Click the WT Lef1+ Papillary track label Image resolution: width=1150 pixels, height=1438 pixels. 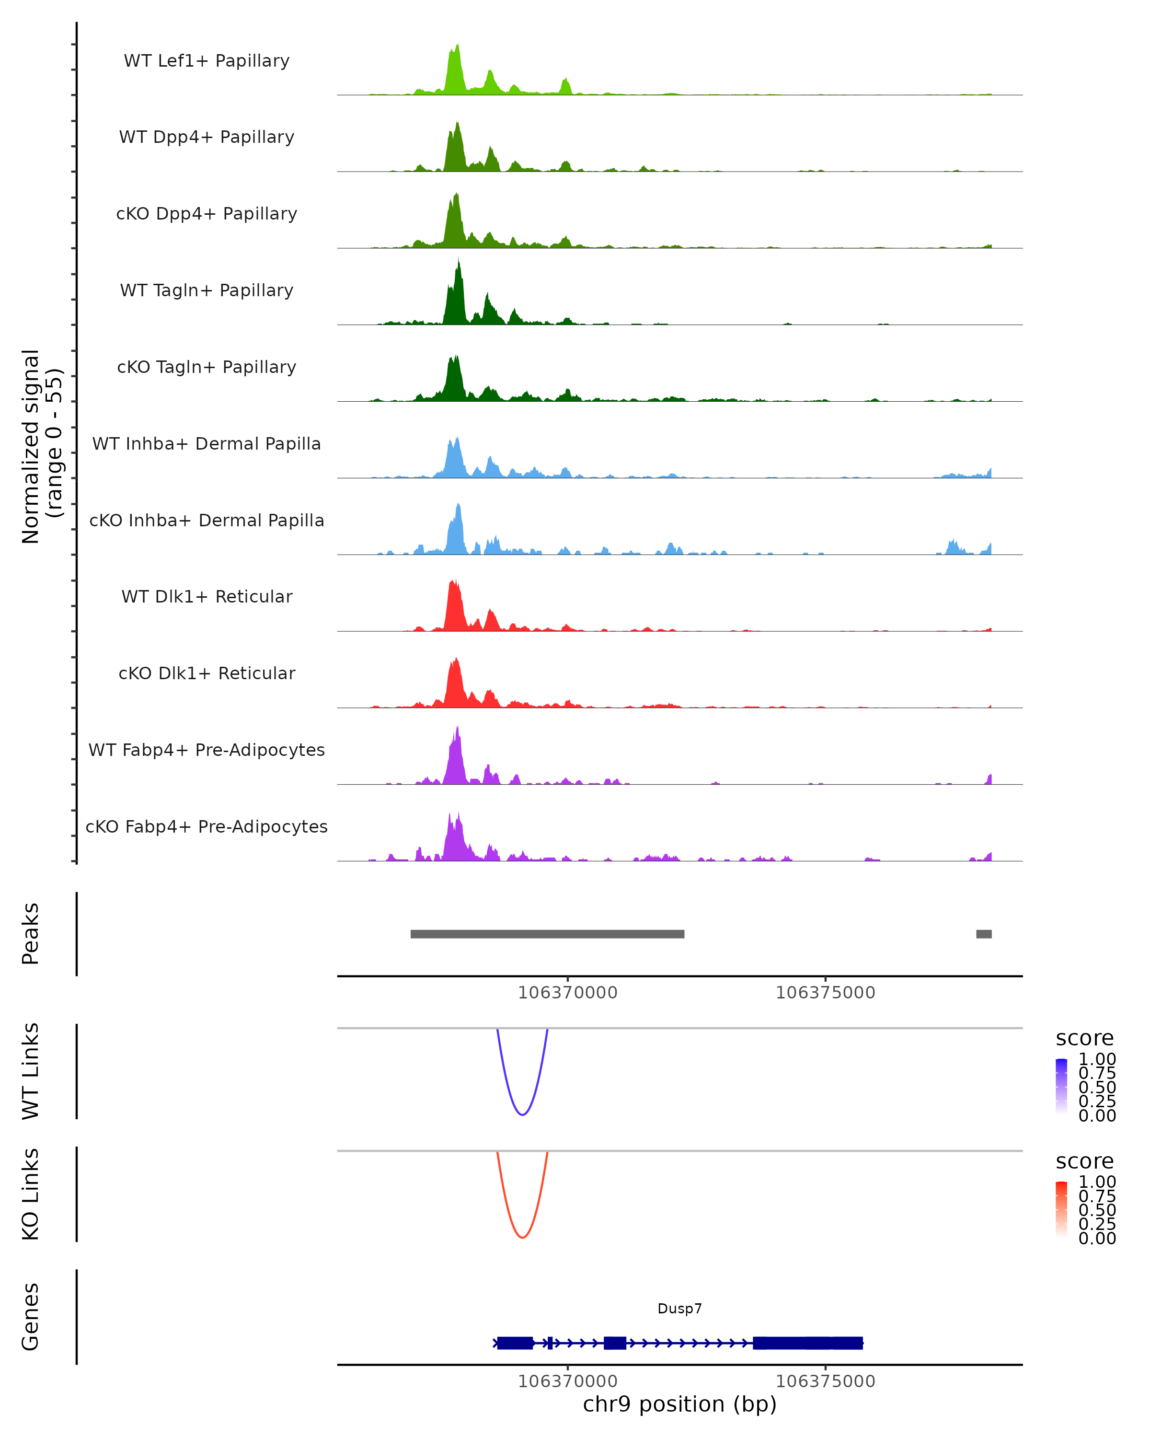coord(207,61)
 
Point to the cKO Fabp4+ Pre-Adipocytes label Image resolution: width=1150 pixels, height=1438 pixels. coord(207,826)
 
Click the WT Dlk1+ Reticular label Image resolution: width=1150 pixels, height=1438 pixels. coord(207,597)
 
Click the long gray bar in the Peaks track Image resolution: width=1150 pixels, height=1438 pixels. coord(547,934)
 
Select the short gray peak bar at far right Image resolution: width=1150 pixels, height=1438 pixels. coord(983,934)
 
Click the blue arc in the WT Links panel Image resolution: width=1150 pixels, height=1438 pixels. coord(523,1114)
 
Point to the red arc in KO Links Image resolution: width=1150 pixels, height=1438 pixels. coord(523,1237)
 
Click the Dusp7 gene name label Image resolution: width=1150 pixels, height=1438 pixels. coord(679,1309)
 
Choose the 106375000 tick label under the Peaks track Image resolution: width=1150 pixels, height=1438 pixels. coord(825,993)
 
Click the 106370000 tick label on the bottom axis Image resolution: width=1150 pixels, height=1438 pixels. coord(567,1381)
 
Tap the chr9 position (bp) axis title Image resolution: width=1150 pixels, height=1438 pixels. coord(679,1404)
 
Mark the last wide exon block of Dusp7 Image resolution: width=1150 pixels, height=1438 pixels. coord(808,1343)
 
